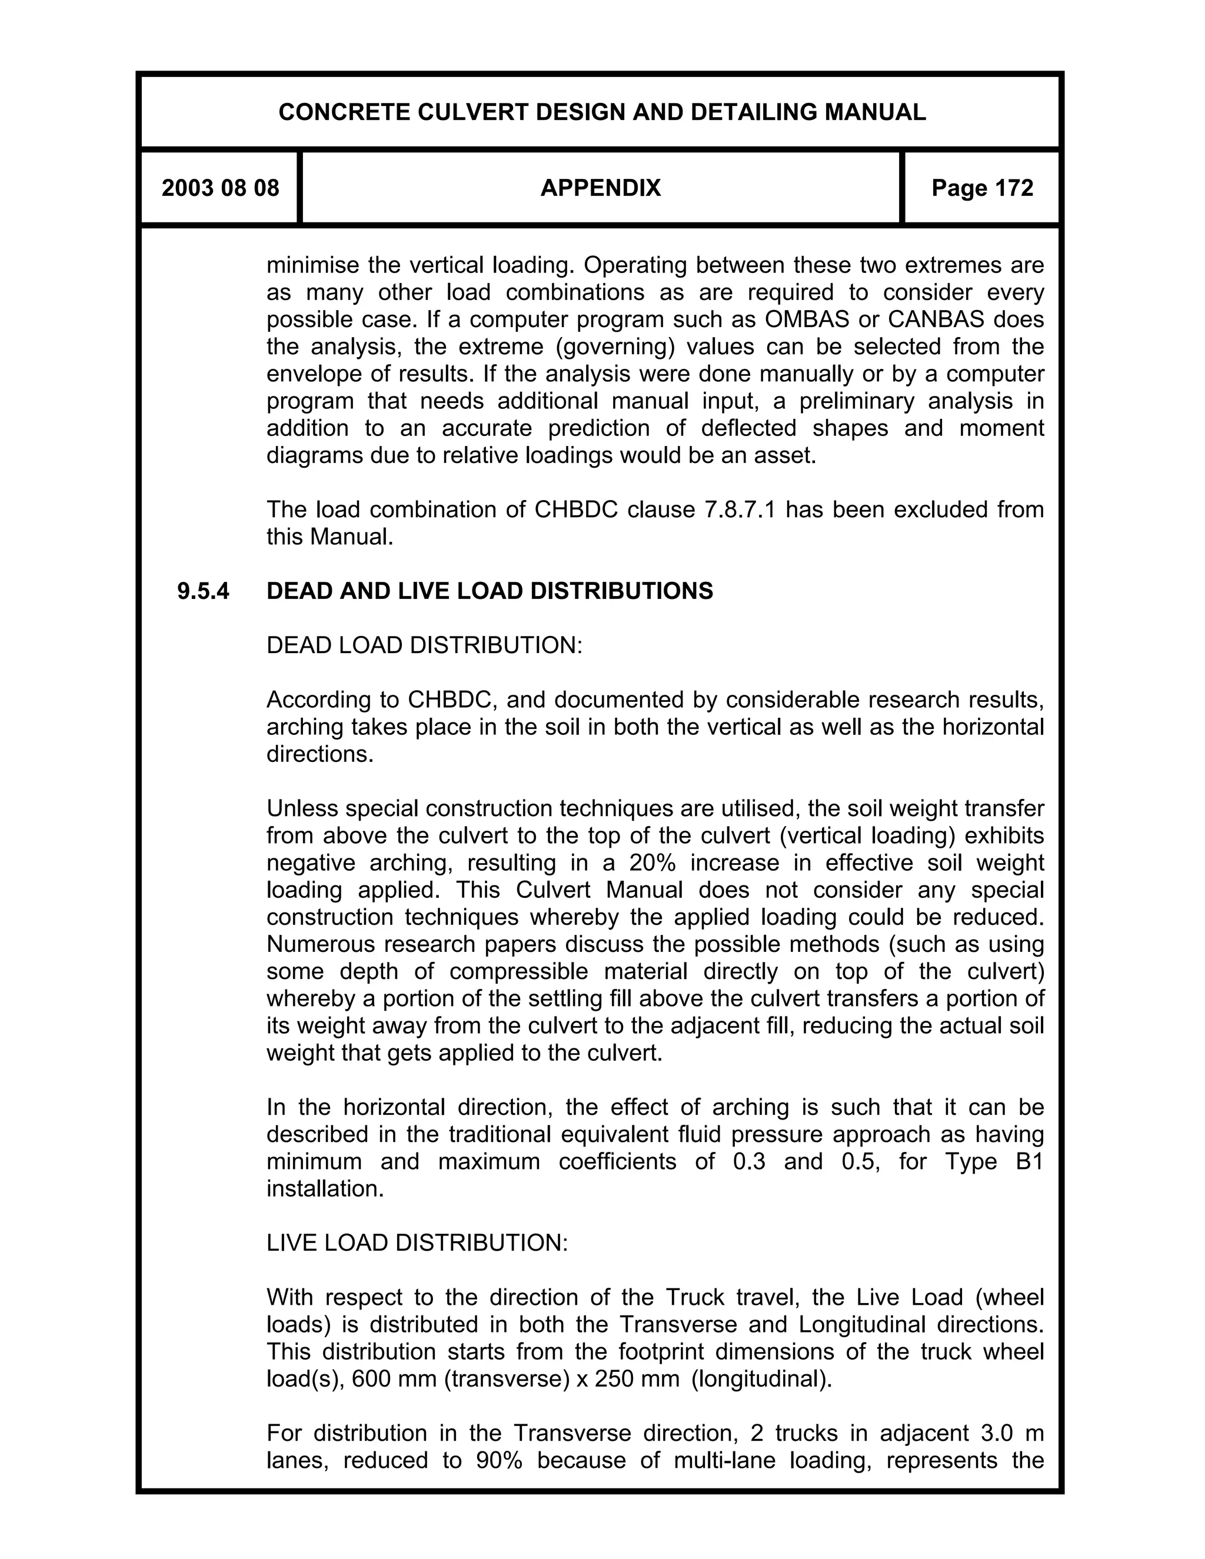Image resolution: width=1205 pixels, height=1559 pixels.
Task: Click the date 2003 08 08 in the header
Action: (x=220, y=188)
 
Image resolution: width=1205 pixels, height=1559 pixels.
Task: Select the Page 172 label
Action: (x=981, y=188)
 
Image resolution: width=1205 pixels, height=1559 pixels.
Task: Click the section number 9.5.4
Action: (x=204, y=591)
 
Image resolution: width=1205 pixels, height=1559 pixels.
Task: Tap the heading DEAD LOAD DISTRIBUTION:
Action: (x=424, y=645)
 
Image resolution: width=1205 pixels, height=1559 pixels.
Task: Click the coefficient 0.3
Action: (x=749, y=1161)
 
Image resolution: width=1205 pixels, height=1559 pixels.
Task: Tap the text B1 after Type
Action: (x=1028, y=1161)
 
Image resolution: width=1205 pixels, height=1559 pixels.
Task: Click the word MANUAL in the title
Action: (x=874, y=112)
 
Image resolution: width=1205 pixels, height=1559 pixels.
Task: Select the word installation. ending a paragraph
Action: (x=325, y=1188)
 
